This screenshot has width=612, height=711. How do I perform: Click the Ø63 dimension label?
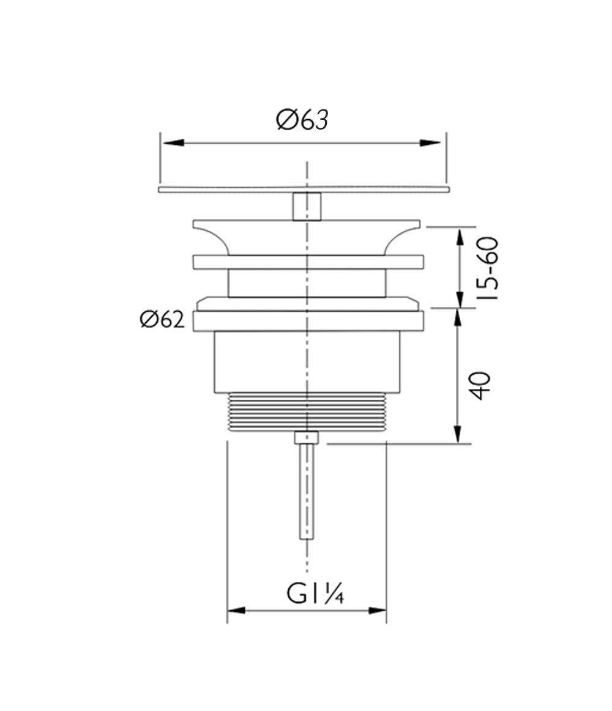coord(302,120)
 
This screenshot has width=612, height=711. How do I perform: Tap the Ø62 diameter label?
coord(162,320)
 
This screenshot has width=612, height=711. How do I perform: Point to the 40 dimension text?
coord(479,385)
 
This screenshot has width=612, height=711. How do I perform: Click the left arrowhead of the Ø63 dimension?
coord(173,143)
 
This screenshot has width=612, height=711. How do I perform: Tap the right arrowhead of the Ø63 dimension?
coord(430,143)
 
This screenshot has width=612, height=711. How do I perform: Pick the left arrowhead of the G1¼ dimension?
coord(236,610)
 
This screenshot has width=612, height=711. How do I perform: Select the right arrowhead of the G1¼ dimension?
coord(377,610)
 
